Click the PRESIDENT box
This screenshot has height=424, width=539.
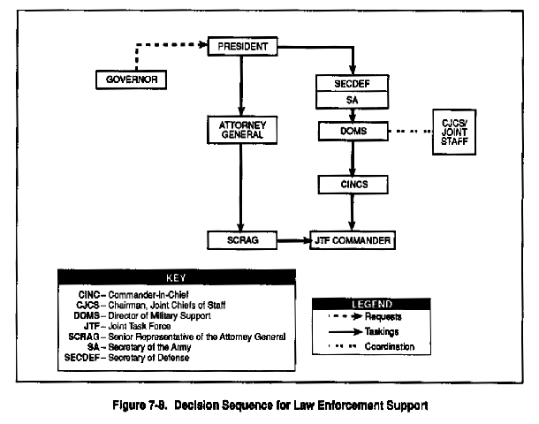[x=242, y=46]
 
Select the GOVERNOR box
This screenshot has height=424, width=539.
[x=132, y=79]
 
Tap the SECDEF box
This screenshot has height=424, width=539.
[x=353, y=84]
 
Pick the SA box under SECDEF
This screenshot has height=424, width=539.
[x=353, y=100]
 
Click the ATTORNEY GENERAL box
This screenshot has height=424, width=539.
[x=242, y=130]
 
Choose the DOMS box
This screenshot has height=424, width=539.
[x=353, y=131]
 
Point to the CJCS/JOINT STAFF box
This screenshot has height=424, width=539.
[x=454, y=132]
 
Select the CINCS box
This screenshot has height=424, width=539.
[x=353, y=185]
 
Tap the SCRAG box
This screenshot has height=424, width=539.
[x=242, y=240]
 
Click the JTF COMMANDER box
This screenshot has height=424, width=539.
[x=353, y=240]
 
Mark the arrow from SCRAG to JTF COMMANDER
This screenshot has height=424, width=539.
[x=293, y=240]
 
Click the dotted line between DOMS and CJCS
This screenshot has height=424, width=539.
[x=411, y=132]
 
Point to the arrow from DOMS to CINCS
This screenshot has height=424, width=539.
[x=353, y=158]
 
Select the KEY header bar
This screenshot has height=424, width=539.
[x=177, y=277]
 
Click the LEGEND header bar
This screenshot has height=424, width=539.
[x=371, y=304]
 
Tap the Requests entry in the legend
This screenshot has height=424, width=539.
[x=365, y=316]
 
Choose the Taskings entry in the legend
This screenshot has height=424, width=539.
[x=364, y=331]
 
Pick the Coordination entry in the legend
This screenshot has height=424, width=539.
[x=371, y=346]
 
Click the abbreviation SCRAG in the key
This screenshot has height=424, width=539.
[x=84, y=337]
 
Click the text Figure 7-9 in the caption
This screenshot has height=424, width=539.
[x=140, y=405]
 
